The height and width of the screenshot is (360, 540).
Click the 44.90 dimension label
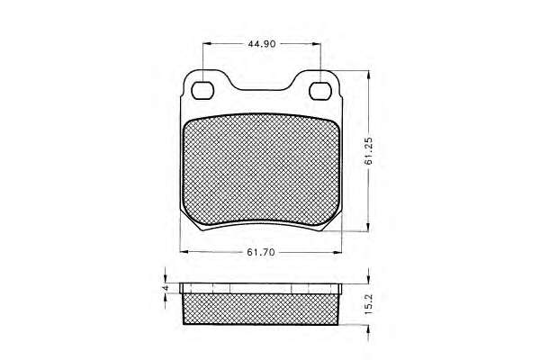pos(262,44)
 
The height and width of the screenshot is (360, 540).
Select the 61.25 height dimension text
pos(368,151)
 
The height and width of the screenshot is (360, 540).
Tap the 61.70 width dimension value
pos(261,252)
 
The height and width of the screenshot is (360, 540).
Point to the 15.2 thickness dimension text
pos(368,304)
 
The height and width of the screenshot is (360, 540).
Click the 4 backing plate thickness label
pos(166,288)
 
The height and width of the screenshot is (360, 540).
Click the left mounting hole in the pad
pos(202,91)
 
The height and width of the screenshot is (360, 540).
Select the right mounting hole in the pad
pos(320,91)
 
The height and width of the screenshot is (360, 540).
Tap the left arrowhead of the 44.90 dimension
pos(207,44)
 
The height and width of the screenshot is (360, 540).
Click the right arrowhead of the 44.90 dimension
pos(317,44)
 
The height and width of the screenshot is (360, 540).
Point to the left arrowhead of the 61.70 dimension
pos(184,252)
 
